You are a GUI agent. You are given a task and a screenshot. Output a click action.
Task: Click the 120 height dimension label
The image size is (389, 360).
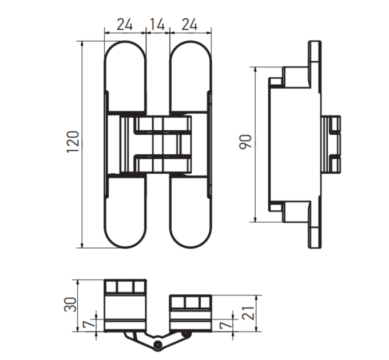73,142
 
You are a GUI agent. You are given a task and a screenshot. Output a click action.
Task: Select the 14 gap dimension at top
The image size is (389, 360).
157,25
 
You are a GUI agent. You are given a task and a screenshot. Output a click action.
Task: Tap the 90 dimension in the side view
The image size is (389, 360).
245,142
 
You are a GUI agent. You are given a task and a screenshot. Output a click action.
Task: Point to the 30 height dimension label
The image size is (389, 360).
70,304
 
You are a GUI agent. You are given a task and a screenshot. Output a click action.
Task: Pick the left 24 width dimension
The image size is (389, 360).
125,25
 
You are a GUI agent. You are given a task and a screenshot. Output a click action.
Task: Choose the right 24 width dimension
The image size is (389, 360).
189,25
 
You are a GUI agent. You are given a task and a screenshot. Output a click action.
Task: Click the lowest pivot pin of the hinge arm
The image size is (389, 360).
157,344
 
